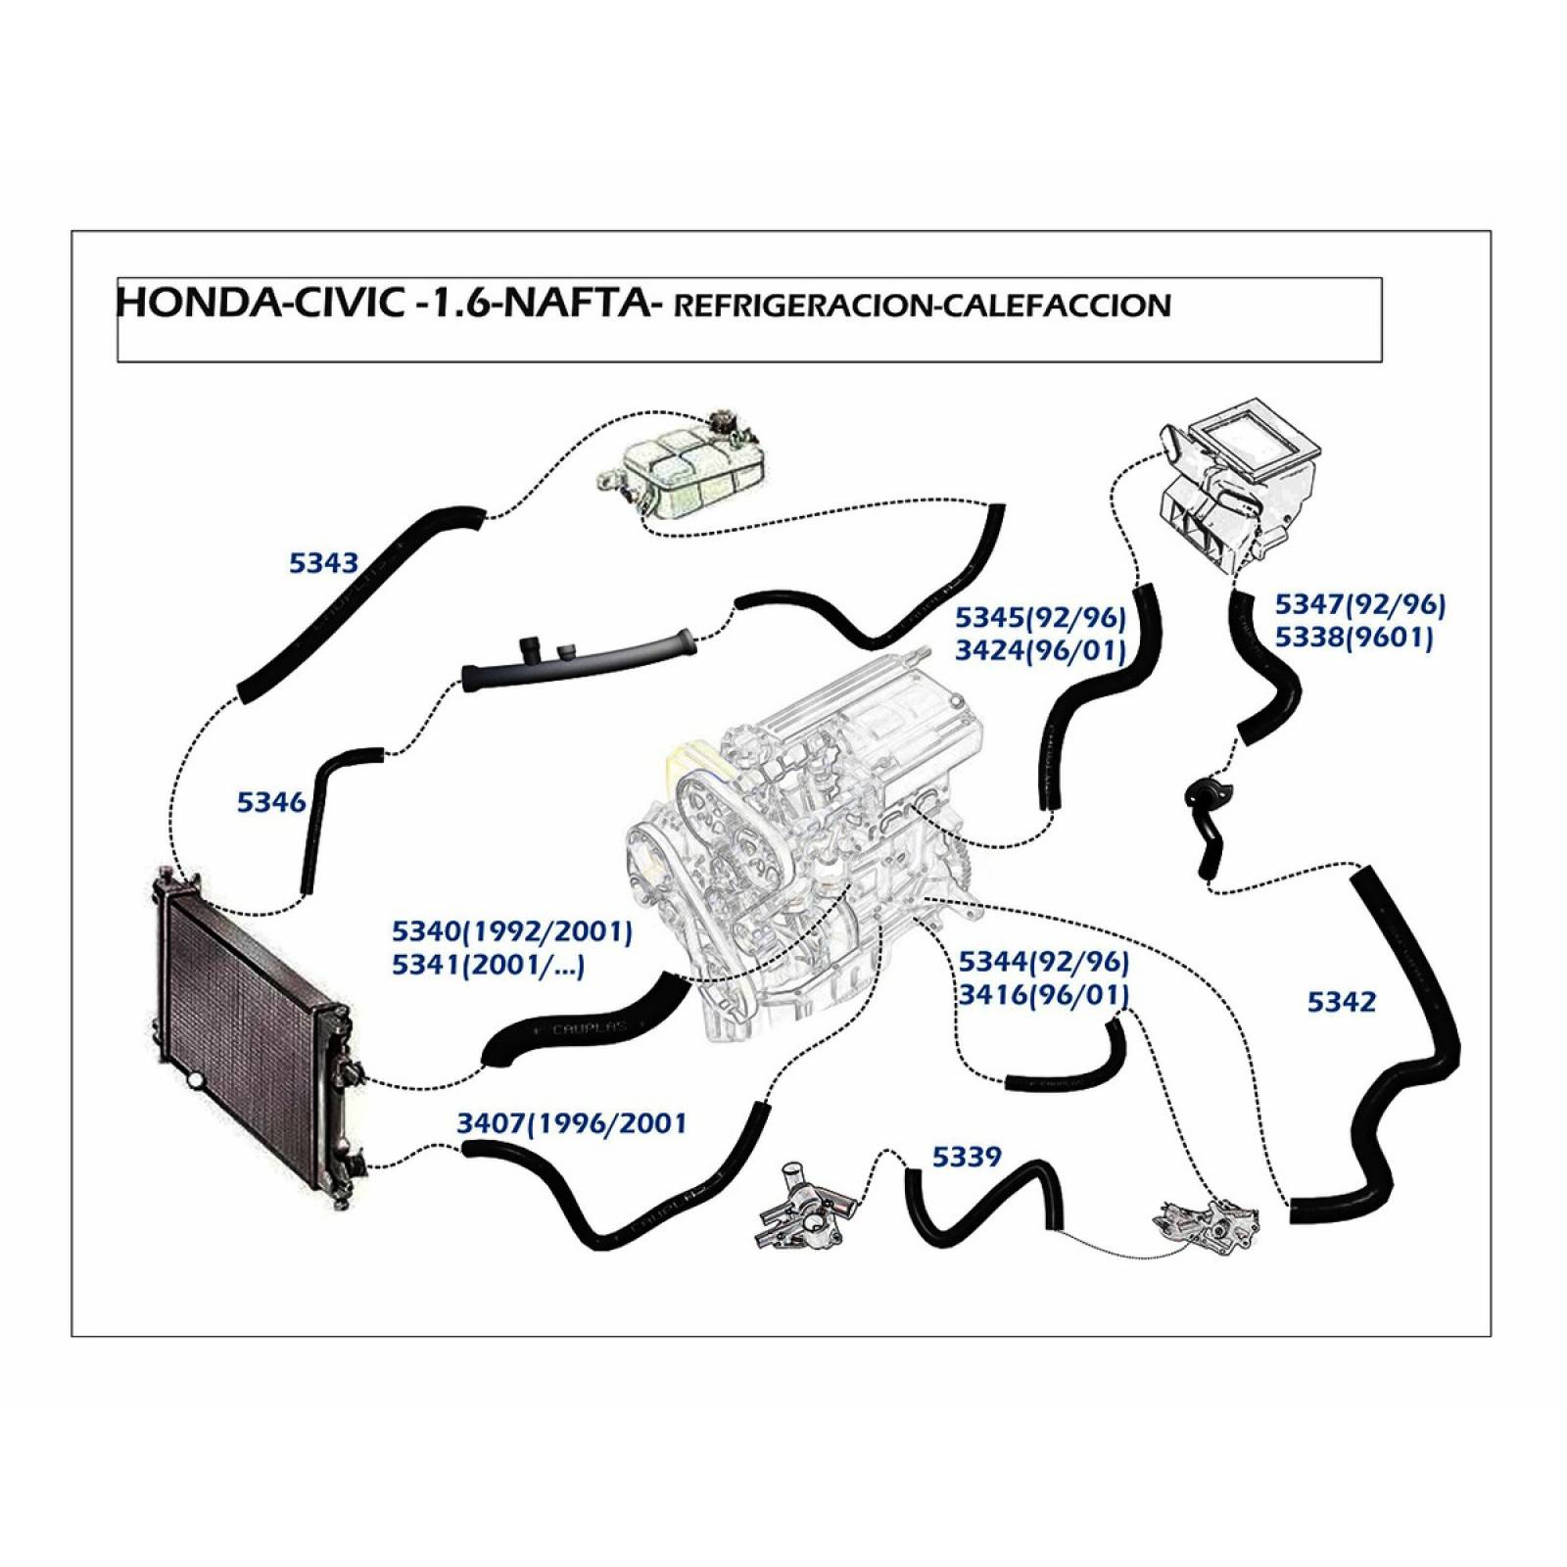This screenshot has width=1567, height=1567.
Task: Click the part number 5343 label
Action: [323, 563]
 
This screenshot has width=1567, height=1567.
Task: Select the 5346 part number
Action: [271, 802]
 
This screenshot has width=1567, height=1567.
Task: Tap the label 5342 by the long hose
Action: [1341, 1002]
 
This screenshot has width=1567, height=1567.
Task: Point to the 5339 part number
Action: [966, 1157]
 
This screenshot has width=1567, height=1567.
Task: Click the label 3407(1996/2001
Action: [572, 1122]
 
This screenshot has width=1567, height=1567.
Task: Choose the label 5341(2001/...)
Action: [488, 966]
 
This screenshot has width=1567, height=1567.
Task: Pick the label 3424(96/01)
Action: [1040, 649]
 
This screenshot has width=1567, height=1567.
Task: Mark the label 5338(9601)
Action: [1353, 638]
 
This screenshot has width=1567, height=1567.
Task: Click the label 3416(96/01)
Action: [1043, 995]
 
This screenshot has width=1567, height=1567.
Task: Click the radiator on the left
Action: [250, 1028]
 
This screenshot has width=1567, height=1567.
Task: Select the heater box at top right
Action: [1239, 485]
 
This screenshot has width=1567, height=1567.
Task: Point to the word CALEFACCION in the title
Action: [1053, 306]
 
